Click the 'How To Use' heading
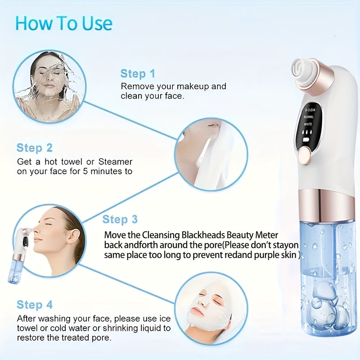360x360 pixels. coord(64,23)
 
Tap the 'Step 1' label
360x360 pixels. coord(138,74)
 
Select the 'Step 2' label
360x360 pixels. coord(35,148)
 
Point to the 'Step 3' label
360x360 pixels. coord(120,220)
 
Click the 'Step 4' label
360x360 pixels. coord(35,305)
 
